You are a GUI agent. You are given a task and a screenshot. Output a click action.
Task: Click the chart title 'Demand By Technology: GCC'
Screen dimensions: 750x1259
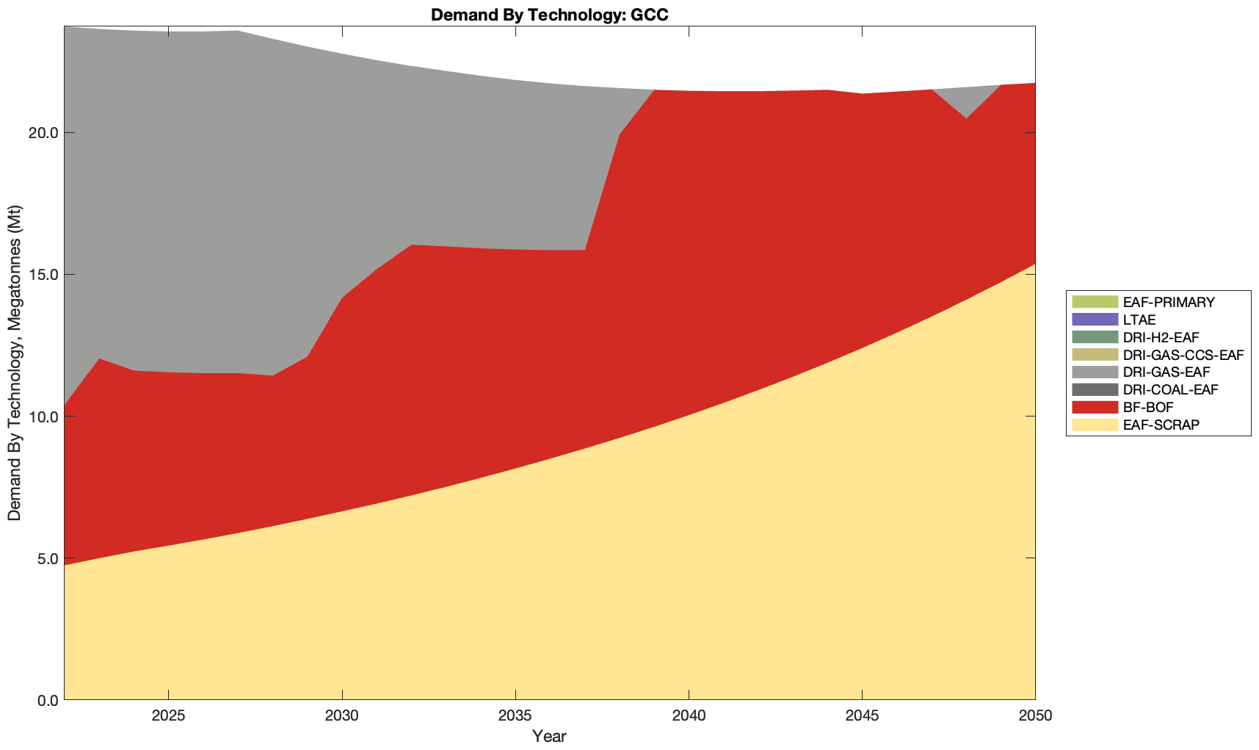pyautogui.click(x=549, y=15)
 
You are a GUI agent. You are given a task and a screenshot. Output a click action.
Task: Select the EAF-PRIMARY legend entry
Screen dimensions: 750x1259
pyautogui.click(x=1169, y=302)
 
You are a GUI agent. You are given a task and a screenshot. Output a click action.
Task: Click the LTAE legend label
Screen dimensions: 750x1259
pyautogui.click(x=1139, y=320)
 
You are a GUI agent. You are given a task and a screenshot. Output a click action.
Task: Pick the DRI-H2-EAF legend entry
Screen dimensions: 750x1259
pyautogui.click(x=1161, y=337)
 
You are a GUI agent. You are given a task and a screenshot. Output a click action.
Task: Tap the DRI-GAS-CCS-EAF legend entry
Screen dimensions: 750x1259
pyautogui.click(x=1183, y=355)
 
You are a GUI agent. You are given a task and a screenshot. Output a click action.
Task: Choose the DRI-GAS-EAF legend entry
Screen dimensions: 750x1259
pyautogui.click(x=1166, y=372)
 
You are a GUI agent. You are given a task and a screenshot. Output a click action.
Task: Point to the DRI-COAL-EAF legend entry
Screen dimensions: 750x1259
pyautogui.click(x=1170, y=390)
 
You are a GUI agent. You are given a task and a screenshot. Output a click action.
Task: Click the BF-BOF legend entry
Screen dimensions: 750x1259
pyautogui.click(x=1148, y=407)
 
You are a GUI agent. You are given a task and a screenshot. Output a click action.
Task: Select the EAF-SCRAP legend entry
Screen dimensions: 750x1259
pyautogui.click(x=1161, y=425)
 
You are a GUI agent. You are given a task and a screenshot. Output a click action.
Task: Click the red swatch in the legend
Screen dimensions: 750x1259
pyautogui.click(x=1095, y=407)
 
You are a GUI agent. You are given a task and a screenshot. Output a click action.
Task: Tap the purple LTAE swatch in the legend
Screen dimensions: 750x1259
pyautogui.click(x=1095, y=320)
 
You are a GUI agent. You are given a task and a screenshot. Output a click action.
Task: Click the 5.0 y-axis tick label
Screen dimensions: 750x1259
pyautogui.click(x=48, y=558)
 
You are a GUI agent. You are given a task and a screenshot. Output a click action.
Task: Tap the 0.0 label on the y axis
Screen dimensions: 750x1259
pyautogui.click(x=48, y=700)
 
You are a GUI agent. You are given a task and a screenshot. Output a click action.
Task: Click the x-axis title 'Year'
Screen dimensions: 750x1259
pyautogui.click(x=549, y=736)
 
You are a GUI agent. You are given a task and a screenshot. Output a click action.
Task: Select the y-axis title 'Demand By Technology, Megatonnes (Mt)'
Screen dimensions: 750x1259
pyautogui.click(x=15, y=363)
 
